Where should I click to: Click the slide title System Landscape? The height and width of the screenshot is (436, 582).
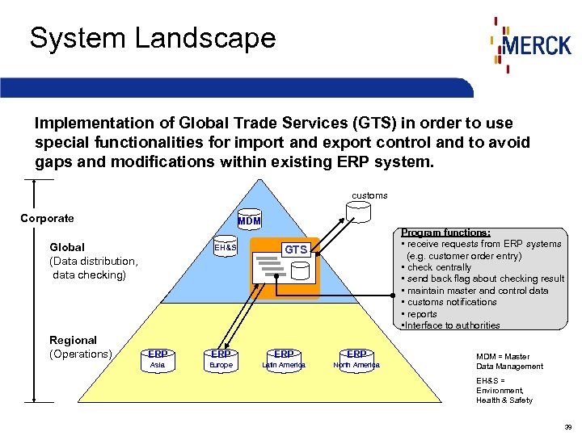coord(153,38)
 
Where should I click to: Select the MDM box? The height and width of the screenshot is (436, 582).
coord(249,220)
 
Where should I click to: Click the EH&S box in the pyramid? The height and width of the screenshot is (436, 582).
coord(226,246)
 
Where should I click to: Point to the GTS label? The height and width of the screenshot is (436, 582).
coord(296,249)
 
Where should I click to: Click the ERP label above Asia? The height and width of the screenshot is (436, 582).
coord(158,354)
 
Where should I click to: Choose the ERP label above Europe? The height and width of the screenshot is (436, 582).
coord(221,354)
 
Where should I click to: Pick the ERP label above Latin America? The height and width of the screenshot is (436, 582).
coord(284,354)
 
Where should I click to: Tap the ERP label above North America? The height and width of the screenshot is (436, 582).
coord(356,354)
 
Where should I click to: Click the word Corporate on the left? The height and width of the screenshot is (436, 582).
coord(47,218)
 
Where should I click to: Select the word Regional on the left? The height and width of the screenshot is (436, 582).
coord(73,340)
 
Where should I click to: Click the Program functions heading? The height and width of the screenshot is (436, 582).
coord(445,233)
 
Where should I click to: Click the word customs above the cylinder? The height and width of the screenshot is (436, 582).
coord(369,195)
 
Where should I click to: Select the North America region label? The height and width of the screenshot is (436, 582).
coord(356,366)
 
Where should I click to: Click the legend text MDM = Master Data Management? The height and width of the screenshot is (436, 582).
coord(508,361)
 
